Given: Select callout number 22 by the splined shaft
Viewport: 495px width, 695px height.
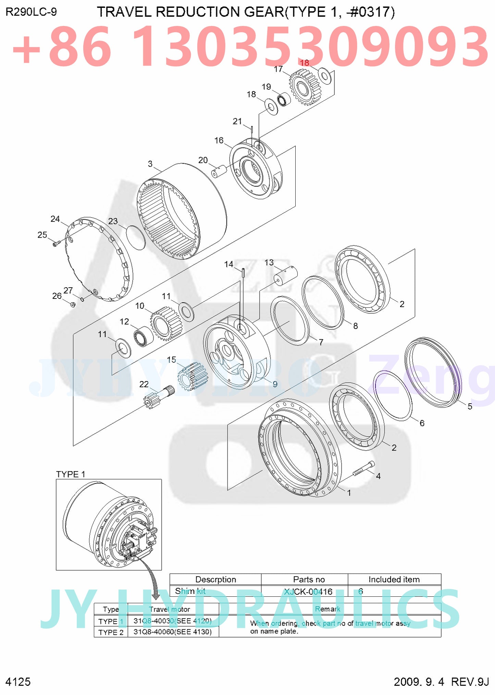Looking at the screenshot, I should [x=144, y=384].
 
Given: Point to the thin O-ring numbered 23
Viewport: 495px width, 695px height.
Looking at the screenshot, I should [x=136, y=238].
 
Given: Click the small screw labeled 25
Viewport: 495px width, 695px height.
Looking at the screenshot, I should [x=56, y=244].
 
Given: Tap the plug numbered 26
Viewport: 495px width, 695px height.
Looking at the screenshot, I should [x=73, y=304].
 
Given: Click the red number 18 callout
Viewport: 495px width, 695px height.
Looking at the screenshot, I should [x=304, y=63].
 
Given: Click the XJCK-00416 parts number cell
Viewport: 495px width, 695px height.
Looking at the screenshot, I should [x=308, y=591].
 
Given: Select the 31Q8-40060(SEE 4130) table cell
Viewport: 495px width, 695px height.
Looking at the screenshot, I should [x=173, y=632].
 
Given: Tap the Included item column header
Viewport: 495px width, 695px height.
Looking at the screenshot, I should [x=394, y=579].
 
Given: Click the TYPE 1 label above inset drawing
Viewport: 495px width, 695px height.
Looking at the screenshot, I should [x=71, y=474].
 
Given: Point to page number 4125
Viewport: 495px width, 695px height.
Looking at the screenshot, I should [x=18, y=682].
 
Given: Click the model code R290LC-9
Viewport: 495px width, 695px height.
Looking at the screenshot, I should [x=31, y=12].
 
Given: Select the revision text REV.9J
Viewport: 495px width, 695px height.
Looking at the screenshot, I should [x=470, y=682].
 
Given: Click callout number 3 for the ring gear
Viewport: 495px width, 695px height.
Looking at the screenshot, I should [x=150, y=164].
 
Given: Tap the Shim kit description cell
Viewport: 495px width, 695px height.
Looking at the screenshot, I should [x=190, y=591].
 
